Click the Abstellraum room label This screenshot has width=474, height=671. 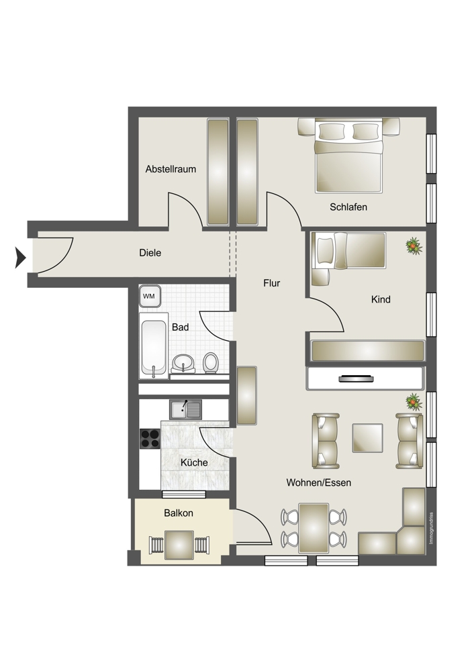(171, 169)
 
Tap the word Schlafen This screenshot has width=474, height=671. (348, 207)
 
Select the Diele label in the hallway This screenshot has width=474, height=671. (150, 253)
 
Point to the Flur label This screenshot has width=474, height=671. (271, 283)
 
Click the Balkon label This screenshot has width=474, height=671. (179, 513)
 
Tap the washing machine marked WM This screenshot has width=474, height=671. (150, 296)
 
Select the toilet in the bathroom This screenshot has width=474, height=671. (210, 363)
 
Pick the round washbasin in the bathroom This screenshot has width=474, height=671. (184, 363)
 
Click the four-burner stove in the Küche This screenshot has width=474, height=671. (150, 438)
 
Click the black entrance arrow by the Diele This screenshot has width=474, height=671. (21, 258)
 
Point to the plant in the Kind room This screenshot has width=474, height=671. (414, 246)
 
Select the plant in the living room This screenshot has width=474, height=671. (414, 401)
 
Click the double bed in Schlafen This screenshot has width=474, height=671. (348, 156)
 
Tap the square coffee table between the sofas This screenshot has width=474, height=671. (367, 437)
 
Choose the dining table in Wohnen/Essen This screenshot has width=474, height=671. (314, 528)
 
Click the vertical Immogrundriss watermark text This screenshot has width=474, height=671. (431, 529)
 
